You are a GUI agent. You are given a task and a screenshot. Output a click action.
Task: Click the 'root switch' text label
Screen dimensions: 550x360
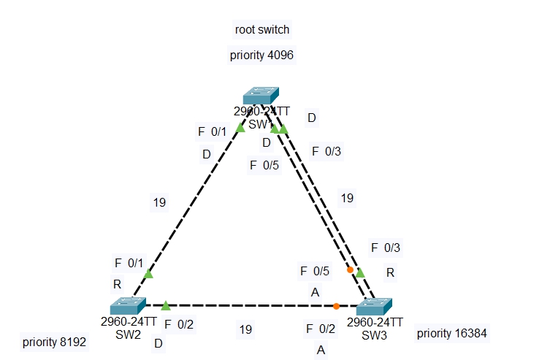[262, 30]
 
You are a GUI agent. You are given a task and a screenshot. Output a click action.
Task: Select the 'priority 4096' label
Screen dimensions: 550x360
[262, 55]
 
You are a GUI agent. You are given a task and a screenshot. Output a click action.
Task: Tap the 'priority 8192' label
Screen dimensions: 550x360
[56, 341]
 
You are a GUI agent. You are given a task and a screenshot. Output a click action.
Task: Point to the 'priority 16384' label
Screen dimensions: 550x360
[451, 333]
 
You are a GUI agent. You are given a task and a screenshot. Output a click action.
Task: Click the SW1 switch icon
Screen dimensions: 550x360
[261, 96]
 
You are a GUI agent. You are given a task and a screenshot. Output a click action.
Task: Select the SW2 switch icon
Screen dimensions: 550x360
[129, 305]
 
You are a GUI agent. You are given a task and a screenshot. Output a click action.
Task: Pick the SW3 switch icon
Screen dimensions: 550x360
[374, 306]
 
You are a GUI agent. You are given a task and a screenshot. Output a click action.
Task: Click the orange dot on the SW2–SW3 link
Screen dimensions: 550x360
[336, 306]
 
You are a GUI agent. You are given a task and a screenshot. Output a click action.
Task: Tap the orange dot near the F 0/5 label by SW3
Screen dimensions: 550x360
[350, 269]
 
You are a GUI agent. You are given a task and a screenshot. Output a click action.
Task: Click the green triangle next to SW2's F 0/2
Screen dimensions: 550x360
[166, 305]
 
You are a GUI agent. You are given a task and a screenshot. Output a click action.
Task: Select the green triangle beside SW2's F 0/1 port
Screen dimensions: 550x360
[148, 274]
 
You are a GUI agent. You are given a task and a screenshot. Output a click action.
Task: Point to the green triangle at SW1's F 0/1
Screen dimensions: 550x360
[240, 127]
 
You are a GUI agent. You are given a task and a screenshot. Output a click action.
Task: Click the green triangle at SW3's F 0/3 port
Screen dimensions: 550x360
[360, 272]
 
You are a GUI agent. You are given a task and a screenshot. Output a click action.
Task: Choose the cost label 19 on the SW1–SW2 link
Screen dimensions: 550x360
[160, 202]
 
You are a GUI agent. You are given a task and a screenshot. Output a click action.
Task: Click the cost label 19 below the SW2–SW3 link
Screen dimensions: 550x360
[245, 329]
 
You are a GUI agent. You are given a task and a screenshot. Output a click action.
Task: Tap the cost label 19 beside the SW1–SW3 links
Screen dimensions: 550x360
[348, 197]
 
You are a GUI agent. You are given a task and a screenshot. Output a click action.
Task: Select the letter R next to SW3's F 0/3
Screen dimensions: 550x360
[390, 272]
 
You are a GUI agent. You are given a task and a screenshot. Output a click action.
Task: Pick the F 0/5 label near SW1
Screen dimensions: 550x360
[264, 165]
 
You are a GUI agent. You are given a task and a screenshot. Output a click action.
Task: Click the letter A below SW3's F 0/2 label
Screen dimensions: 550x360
[320, 350]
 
